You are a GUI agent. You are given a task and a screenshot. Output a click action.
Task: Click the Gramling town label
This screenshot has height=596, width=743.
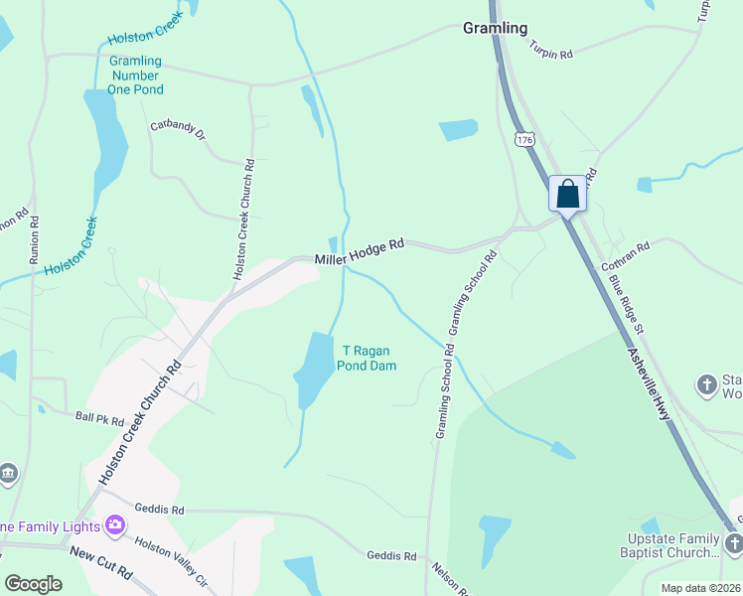pos(495,28)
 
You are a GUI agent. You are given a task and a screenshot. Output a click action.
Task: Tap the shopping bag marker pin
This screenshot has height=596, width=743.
pos(568,193)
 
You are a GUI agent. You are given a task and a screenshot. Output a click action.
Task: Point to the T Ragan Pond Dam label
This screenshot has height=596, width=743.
pos(370,358)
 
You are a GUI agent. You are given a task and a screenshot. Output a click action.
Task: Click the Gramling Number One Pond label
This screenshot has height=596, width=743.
pos(136,75)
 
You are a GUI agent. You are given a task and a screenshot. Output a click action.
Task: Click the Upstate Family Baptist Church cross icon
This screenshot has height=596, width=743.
pos(733,542)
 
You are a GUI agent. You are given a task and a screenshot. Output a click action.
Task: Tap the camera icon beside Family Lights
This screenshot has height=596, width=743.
pos(115,524)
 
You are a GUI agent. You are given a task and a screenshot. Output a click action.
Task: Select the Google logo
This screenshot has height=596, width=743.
pos(33,584)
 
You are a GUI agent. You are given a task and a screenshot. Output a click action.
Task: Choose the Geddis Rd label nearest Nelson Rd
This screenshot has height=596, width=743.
pos(391,556)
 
